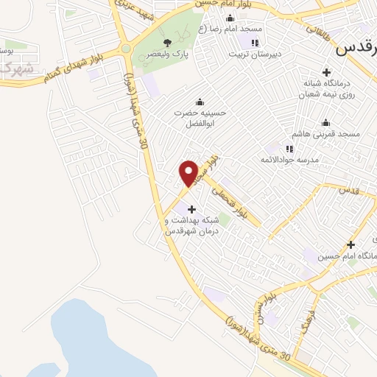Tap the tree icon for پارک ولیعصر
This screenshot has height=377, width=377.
(x=168, y=42)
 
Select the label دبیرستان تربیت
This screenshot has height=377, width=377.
(x=253, y=54)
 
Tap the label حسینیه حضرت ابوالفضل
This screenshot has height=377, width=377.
(x=197, y=119)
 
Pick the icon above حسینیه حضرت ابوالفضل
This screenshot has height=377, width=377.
(x=198, y=102)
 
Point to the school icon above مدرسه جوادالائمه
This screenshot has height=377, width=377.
(x=289, y=149)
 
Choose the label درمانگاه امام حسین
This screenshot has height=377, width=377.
(x=346, y=256)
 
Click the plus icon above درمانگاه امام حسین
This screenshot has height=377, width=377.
(x=351, y=244)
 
